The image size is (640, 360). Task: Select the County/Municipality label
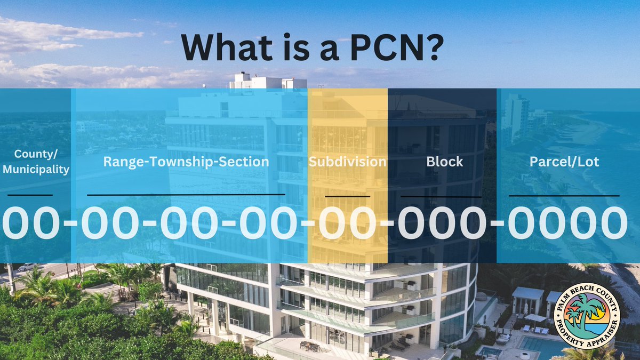pos(35,162)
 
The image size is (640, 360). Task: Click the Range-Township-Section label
pos(186,162)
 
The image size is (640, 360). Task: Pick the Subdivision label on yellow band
pos(347,162)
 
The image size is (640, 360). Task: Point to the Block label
pos(444,162)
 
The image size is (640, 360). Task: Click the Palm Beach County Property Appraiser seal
pos(587,316)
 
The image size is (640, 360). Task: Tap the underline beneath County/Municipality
pos(30,195)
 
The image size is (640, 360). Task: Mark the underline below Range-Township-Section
pos(186,195)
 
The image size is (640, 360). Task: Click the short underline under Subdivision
pos(347,196)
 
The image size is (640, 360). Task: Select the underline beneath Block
pos(441,196)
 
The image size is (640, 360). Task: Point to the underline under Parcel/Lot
pos(564,196)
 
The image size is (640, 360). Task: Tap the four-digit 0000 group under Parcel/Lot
pos(567,223)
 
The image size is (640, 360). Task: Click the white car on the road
pos(27,266)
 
